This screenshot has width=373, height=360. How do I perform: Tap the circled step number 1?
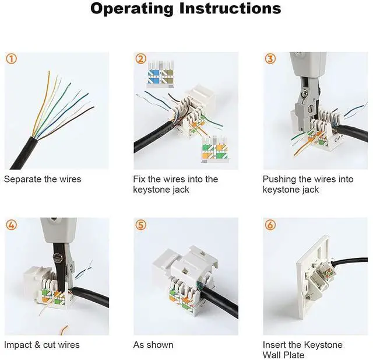[x=12, y=59]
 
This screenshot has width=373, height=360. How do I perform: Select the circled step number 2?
[x=141, y=59]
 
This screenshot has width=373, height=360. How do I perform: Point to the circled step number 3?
[x=270, y=59]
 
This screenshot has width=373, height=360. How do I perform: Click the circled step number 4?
[x=12, y=225]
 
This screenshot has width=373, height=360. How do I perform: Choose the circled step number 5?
[x=141, y=225]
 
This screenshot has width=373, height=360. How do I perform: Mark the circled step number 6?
[x=270, y=225]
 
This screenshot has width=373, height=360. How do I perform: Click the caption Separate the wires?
[x=43, y=179]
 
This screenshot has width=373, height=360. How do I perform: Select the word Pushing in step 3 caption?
[x=280, y=179]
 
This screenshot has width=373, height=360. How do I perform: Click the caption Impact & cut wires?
[x=42, y=345]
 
